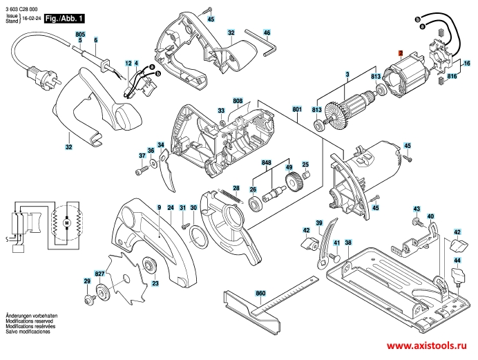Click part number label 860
260,294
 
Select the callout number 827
100,255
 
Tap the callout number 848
265,163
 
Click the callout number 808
237,102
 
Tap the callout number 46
267,32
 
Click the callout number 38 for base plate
348,243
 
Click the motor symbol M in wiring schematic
67,222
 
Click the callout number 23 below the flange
155,284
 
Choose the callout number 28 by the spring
236,188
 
